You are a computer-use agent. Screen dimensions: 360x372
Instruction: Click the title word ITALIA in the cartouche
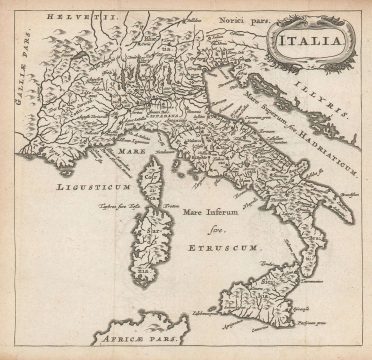coord(314,42)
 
